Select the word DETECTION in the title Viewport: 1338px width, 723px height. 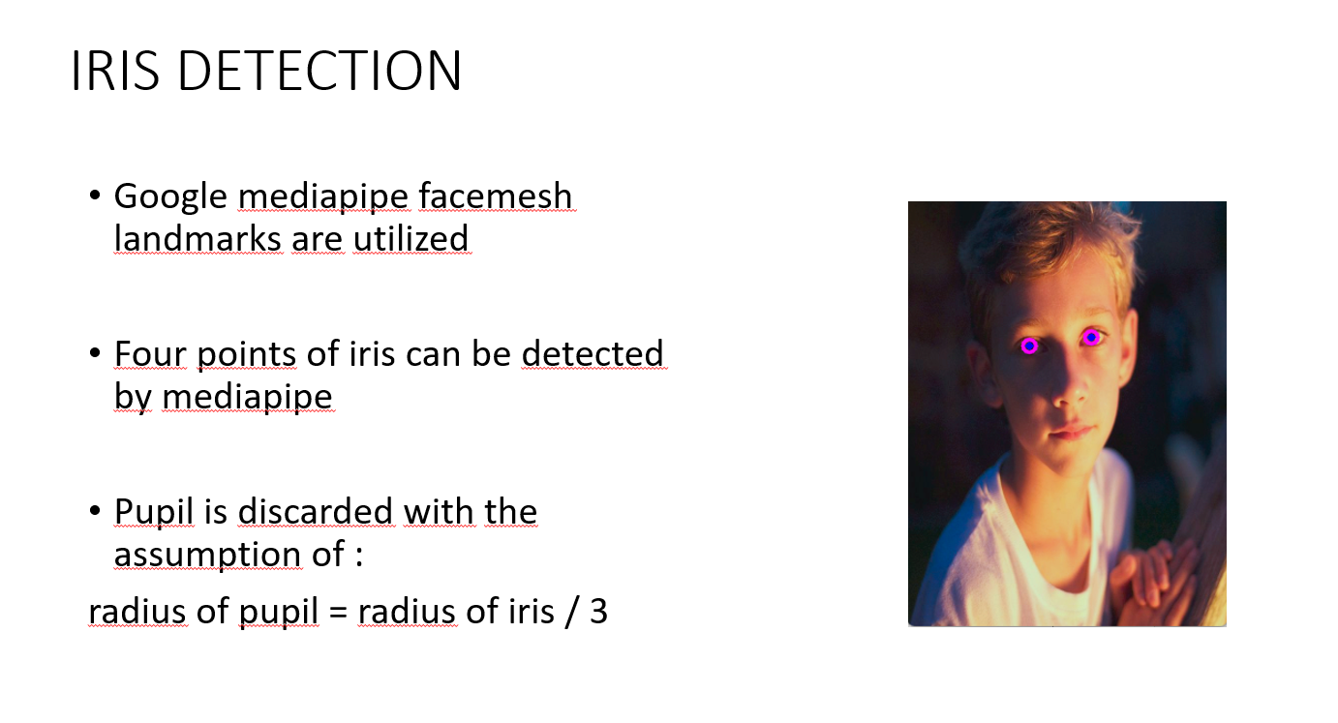click(x=320, y=71)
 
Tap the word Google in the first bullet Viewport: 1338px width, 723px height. click(x=170, y=197)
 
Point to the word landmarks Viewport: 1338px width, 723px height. click(x=197, y=238)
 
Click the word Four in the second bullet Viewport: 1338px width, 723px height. click(x=150, y=354)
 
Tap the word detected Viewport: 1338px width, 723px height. click(x=593, y=354)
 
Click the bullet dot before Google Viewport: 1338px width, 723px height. click(x=95, y=196)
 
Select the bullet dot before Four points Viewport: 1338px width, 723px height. click(x=95, y=354)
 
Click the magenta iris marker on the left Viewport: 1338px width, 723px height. click(x=1029, y=346)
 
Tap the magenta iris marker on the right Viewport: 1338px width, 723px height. click(x=1091, y=337)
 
